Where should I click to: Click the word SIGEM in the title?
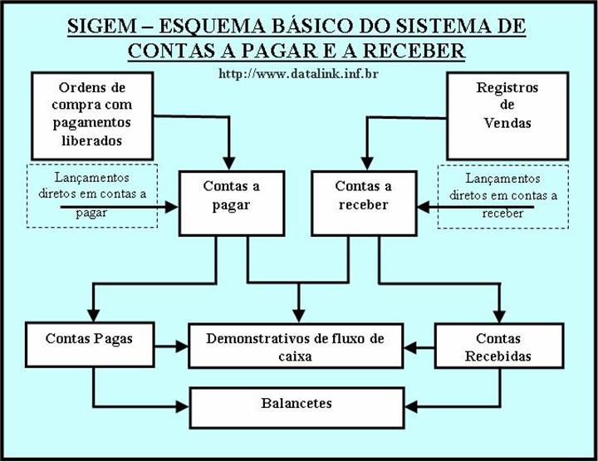(x=105, y=26)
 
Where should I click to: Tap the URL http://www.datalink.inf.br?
(x=298, y=74)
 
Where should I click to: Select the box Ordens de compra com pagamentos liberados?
(x=91, y=115)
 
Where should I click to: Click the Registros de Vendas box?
(x=507, y=115)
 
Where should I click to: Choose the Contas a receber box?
(x=363, y=202)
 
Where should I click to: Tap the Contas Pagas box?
(x=89, y=346)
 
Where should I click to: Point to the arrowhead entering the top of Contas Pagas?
(x=93, y=316)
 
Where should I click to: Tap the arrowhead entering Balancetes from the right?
(x=409, y=407)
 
